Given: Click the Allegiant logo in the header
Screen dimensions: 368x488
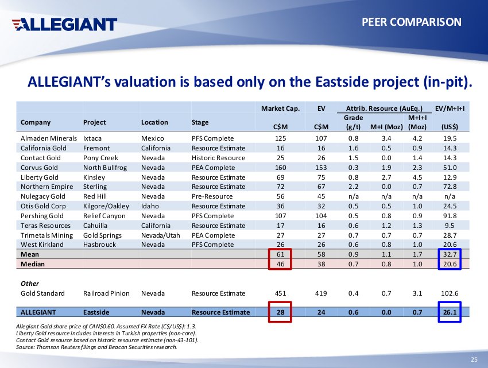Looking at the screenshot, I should (x=64, y=24).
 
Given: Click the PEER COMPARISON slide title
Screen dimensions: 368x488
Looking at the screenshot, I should (x=412, y=22).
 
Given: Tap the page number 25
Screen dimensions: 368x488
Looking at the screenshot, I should (x=474, y=359).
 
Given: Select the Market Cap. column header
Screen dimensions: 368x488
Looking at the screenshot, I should (x=280, y=108).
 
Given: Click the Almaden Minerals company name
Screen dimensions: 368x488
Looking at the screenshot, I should (x=49, y=138).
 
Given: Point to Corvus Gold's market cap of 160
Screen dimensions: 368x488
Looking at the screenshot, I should (x=280, y=168).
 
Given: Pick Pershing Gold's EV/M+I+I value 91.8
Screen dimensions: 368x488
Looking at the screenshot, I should (x=450, y=216).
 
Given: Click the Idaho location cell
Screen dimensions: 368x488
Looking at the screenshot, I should (x=150, y=206).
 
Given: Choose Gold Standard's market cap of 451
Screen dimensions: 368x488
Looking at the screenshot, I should (x=280, y=293).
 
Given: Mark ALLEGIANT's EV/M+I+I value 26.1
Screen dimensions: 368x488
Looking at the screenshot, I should (x=450, y=312).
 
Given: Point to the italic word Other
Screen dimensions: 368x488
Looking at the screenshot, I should (x=30, y=284).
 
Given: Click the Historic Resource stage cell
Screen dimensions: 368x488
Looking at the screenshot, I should (x=218, y=158).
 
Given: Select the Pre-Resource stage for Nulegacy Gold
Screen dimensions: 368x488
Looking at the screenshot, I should (x=212, y=196).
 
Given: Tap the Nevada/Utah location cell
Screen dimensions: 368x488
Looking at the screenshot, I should (x=159, y=235).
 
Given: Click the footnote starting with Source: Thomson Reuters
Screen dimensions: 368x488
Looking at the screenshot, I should (x=96, y=346).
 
